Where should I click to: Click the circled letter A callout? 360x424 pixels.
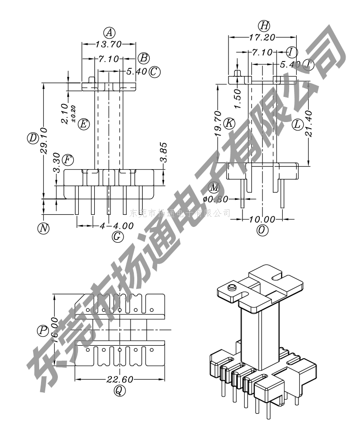[x=109, y=33]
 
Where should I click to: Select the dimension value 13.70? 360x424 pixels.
[x=109, y=44]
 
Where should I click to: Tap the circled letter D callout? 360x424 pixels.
[x=32, y=138]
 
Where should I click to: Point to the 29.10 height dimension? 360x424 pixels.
[x=43, y=138]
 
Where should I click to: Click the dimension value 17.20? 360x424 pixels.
[x=262, y=36]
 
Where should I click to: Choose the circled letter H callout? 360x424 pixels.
[x=264, y=25]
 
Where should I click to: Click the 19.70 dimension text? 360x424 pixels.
[x=217, y=123]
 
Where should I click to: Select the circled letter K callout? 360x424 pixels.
[x=229, y=123]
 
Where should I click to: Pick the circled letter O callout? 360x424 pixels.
[x=263, y=230]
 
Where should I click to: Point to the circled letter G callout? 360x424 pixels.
[x=118, y=237]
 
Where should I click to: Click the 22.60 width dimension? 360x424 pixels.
[x=120, y=380]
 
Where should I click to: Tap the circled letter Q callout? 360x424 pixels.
[x=120, y=391]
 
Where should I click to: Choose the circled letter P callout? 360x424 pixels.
[x=43, y=330]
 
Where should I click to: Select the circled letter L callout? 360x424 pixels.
[x=298, y=124]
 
